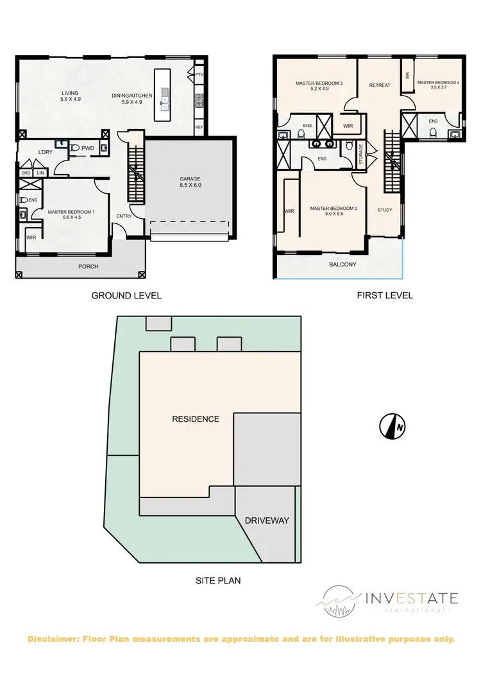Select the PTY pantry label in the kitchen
[x=199, y=75]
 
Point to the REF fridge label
[x=199, y=128]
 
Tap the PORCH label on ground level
[x=89, y=266]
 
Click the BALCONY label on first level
[x=342, y=264]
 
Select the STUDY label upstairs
[x=385, y=210]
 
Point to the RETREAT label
[x=380, y=85]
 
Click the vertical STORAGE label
[x=361, y=155]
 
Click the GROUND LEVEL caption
[x=126, y=296]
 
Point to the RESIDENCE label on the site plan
[x=196, y=419]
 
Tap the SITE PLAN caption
[x=218, y=581]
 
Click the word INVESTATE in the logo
[x=411, y=599]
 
